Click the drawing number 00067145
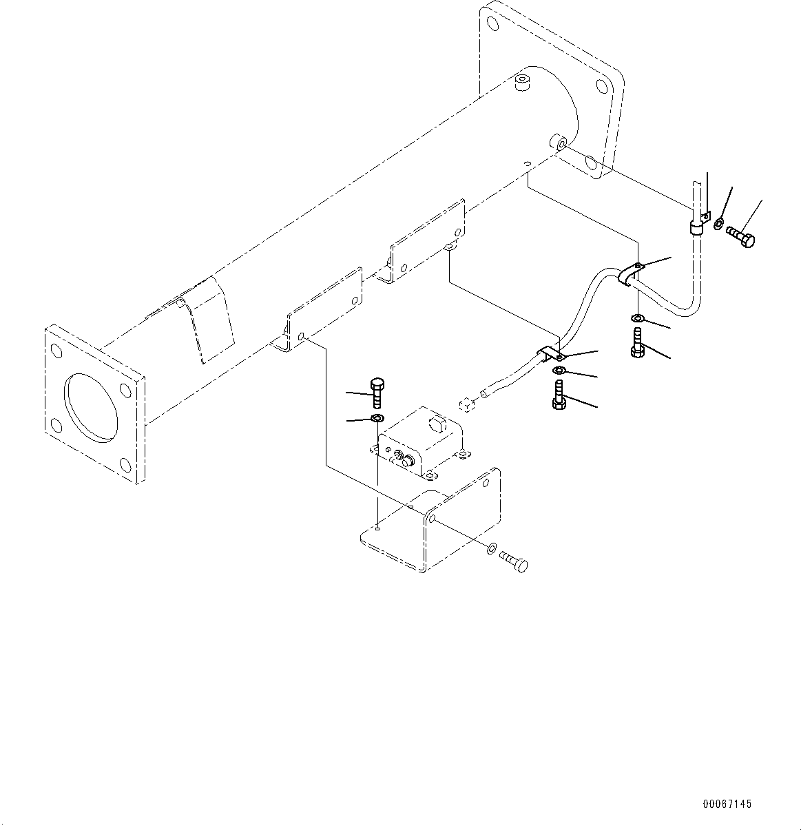pyautogui.click(x=727, y=804)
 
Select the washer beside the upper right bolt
pyautogui.click(x=718, y=223)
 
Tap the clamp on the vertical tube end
pyautogui.click(x=696, y=226)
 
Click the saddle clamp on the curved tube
pyautogui.click(x=630, y=274)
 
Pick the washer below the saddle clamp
pyautogui.click(x=638, y=318)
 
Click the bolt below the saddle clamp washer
pyautogui.click(x=637, y=342)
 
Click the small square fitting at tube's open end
pyautogui.click(x=466, y=405)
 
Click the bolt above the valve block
pyautogui.click(x=376, y=393)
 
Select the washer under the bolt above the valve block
pyautogui.click(x=377, y=419)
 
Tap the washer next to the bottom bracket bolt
pyautogui.click(x=490, y=548)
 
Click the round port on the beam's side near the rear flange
pyautogui.click(x=557, y=143)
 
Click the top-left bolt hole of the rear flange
pyautogui.click(x=492, y=23)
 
